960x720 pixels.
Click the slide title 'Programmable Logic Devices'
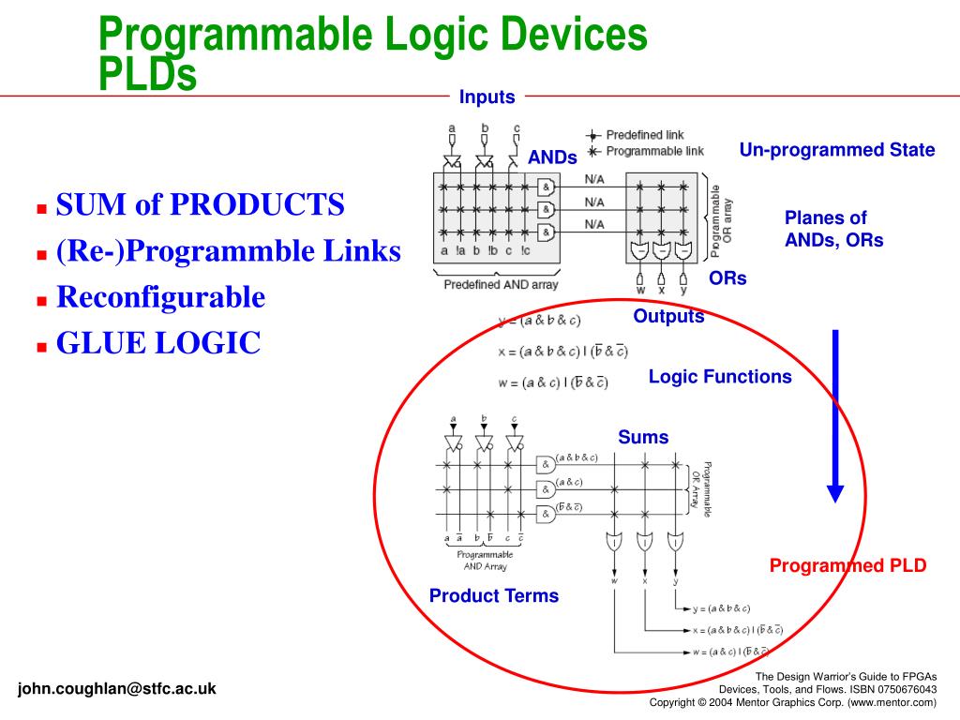click(373, 36)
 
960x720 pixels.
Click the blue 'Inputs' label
click(487, 97)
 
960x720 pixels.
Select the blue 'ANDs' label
click(552, 157)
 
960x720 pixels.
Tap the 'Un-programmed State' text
click(836, 150)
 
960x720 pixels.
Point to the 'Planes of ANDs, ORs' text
click(833, 229)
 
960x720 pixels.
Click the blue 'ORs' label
click(727, 278)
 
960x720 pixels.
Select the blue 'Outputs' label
click(668, 316)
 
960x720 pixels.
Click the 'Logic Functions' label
click(719, 377)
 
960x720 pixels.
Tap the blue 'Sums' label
click(643, 437)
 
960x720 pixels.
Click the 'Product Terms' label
click(493, 595)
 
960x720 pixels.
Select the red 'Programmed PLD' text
click(847, 565)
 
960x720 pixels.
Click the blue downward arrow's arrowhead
click(834, 493)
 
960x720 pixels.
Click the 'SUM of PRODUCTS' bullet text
click(200, 204)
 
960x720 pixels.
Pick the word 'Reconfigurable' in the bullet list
click(160, 297)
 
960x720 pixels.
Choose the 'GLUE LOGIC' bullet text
click(157, 344)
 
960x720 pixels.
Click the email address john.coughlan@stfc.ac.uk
click(116, 688)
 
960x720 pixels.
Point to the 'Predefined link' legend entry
click(643, 135)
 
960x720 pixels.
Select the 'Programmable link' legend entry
click(653, 151)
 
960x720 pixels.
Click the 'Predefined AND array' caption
click(502, 284)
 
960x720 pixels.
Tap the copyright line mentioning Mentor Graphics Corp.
click(793, 702)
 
